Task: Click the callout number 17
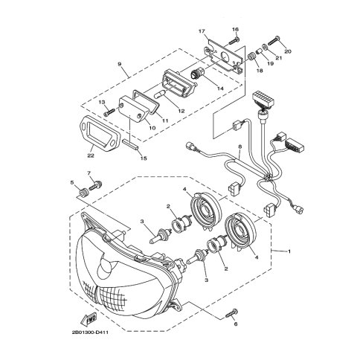202,31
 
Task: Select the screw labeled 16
234,40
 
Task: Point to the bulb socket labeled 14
199,74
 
